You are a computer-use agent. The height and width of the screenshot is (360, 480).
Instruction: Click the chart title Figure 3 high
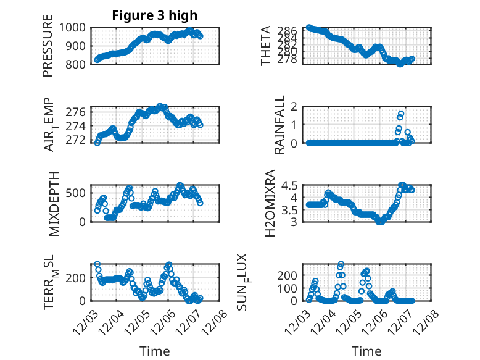(x=155, y=15)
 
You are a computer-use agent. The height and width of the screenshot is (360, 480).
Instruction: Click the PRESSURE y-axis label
(x=48, y=49)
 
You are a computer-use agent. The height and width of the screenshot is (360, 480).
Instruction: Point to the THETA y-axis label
(x=266, y=46)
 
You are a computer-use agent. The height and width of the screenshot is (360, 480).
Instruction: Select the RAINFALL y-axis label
(x=266, y=125)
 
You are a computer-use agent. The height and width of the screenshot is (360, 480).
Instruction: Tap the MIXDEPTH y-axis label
(x=54, y=203)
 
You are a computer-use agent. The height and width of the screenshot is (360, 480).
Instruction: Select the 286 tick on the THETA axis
(x=292, y=30)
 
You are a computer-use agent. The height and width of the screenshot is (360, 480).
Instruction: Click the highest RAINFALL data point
(x=401, y=114)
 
